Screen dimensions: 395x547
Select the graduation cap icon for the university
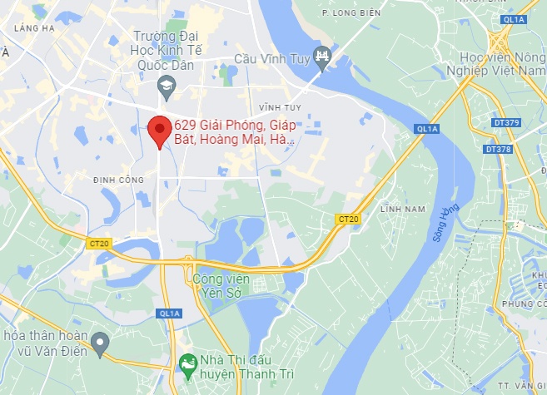(166, 85)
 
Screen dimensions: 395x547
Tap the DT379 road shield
(507, 123)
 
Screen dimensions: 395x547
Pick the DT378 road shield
(498, 149)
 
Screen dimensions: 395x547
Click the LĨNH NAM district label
(402, 208)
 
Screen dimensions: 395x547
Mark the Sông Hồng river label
(446, 224)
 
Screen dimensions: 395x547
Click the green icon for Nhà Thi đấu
(189, 363)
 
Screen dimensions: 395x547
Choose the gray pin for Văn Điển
(100, 342)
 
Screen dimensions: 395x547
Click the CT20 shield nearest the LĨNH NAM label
(348, 219)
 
